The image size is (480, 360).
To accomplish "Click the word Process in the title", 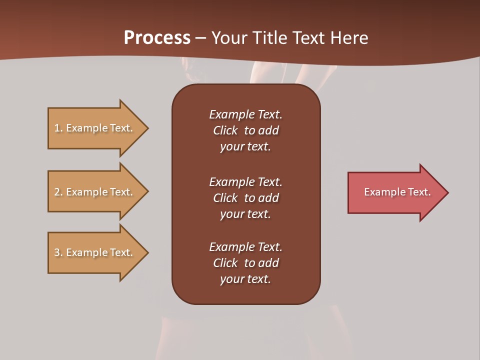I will pos(157,38).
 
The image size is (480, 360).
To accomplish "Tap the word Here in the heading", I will pos(348,38).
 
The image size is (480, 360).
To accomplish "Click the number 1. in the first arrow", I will pos(58,128).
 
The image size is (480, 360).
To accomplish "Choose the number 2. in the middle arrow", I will pos(58,192).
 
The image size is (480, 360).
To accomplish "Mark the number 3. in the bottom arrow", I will pos(58,252).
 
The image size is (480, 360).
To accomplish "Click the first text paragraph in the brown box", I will pos(245,130).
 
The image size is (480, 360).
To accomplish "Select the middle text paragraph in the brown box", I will pos(245,198).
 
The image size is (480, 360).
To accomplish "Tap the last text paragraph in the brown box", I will pos(245,263).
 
